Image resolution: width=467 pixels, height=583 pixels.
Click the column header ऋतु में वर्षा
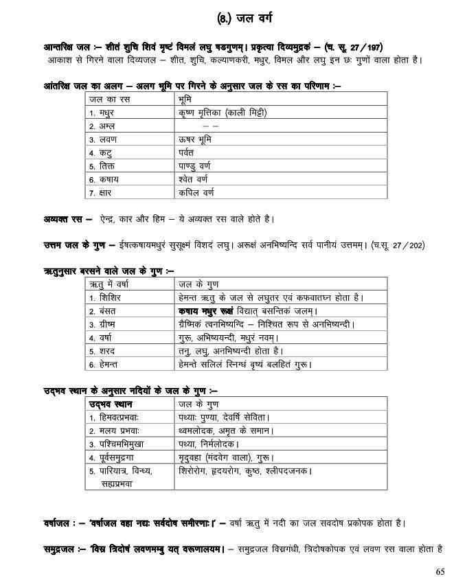coord(114,284)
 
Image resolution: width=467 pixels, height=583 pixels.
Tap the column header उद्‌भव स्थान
coord(114,403)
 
